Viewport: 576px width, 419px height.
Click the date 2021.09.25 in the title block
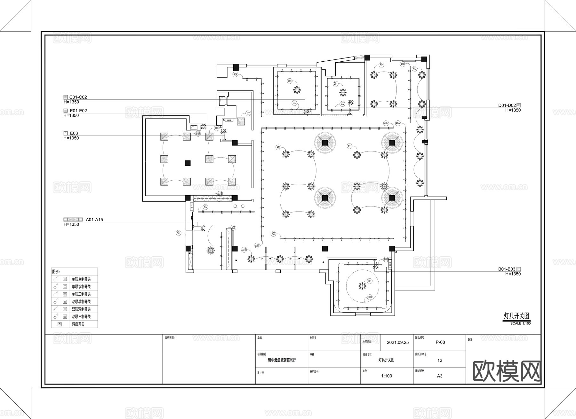(398, 342)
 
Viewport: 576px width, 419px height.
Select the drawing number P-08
(440, 342)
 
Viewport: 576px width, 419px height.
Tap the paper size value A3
(440, 376)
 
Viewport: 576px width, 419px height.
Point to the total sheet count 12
(440, 361)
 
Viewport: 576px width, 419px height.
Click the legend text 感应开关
(78, 324)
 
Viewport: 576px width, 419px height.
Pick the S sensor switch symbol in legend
(60, 324)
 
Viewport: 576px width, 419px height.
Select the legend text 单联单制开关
(81, 279)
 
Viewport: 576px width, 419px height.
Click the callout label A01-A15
(94, 220)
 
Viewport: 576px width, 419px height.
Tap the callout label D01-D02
(507, 105)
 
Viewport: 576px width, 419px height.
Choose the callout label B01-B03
(507, 269)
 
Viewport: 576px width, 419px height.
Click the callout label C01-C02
(78, 97)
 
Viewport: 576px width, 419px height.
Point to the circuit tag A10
(278, 147)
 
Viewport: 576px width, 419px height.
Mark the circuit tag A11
(350, 146)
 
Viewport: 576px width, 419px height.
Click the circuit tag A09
(235, 74)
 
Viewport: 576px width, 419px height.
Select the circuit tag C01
(290, 81)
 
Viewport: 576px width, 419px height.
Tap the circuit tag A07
(273, 234)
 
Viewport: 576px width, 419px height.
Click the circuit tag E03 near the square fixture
(248, 113)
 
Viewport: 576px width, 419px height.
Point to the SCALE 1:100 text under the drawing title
(520, 323)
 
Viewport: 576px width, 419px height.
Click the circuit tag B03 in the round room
(370, 297)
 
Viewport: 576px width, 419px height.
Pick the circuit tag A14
(381, 65)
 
